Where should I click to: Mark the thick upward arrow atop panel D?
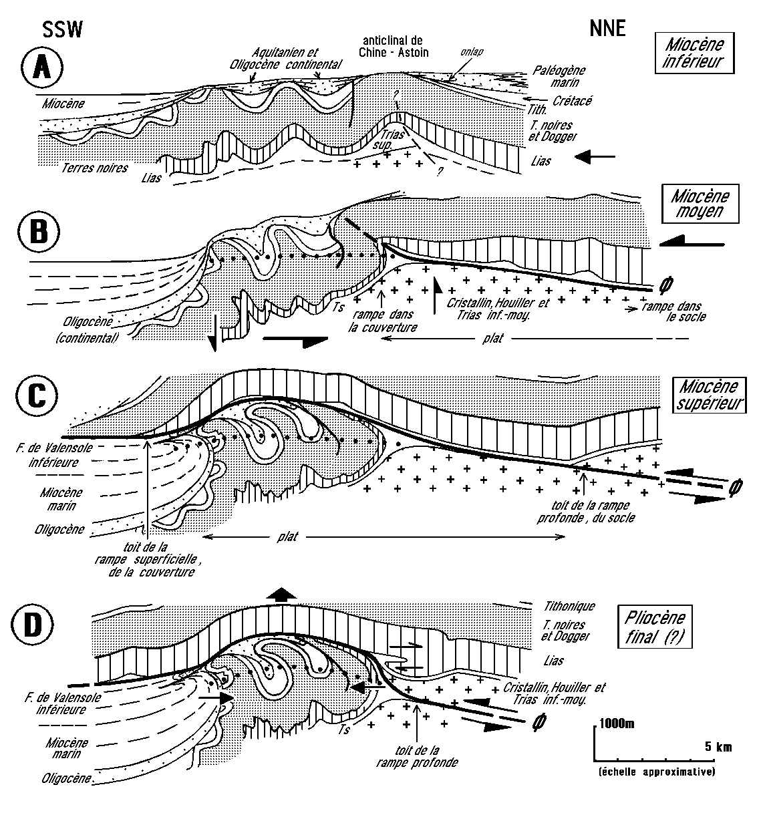281,595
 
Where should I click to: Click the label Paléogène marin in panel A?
556,75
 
